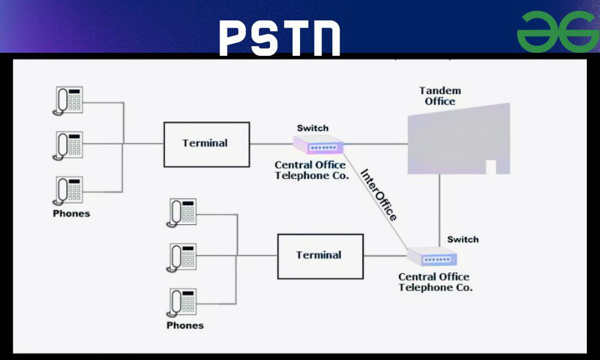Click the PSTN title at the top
coord(280,37)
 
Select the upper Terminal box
coord(206,144)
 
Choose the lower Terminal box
coord(320,256)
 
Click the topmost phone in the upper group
coord(68,100)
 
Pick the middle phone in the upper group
coord(68,145)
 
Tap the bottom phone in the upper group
coord(68,190)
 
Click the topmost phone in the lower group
coord(182,212)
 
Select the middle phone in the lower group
coord(182,256)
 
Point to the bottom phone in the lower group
coord(182,302)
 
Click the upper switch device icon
coord(319,145)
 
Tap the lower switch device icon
coord(432,257)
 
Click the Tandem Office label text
coord(440,96)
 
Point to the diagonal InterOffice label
coord(379,194)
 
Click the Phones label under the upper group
coord(71,214)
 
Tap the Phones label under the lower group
coord(185,325)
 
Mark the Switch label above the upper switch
coord(313,128)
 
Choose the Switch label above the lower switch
coord(463,239)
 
